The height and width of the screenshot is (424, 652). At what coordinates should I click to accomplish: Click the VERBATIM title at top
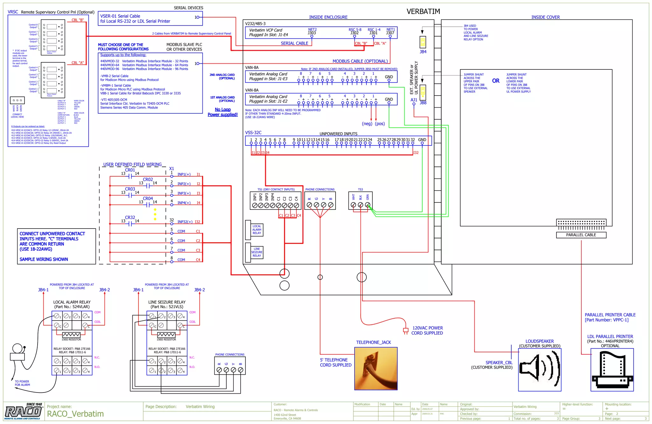point(423,11)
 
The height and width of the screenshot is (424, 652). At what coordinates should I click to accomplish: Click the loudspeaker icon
point(539,369)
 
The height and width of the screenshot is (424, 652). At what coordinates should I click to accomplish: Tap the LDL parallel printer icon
point(612,369)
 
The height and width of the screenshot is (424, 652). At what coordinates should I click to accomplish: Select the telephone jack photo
point(376,368)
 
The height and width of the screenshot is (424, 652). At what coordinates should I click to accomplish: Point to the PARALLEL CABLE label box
point(581,235)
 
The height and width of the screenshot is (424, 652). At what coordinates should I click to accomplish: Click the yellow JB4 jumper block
point(423,42)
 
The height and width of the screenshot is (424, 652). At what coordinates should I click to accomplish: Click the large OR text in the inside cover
point(496,81)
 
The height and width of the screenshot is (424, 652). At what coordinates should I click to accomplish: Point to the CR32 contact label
point(130,217)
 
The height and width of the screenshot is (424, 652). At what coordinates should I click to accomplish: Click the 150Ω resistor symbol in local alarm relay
point(71,335)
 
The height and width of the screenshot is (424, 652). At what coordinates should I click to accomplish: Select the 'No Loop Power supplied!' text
point(223,112)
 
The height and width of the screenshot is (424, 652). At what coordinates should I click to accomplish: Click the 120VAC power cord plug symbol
point(406,331)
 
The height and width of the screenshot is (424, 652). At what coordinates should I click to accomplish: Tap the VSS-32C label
point(253,133)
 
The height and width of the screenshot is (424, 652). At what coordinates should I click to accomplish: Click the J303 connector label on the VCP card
point(312,33)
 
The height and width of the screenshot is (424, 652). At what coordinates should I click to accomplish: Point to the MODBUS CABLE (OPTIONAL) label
point(360,61)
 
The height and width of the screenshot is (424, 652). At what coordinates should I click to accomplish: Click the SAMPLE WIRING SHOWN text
point(44,259)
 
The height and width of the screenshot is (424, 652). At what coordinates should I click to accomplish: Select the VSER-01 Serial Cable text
point(120,16)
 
